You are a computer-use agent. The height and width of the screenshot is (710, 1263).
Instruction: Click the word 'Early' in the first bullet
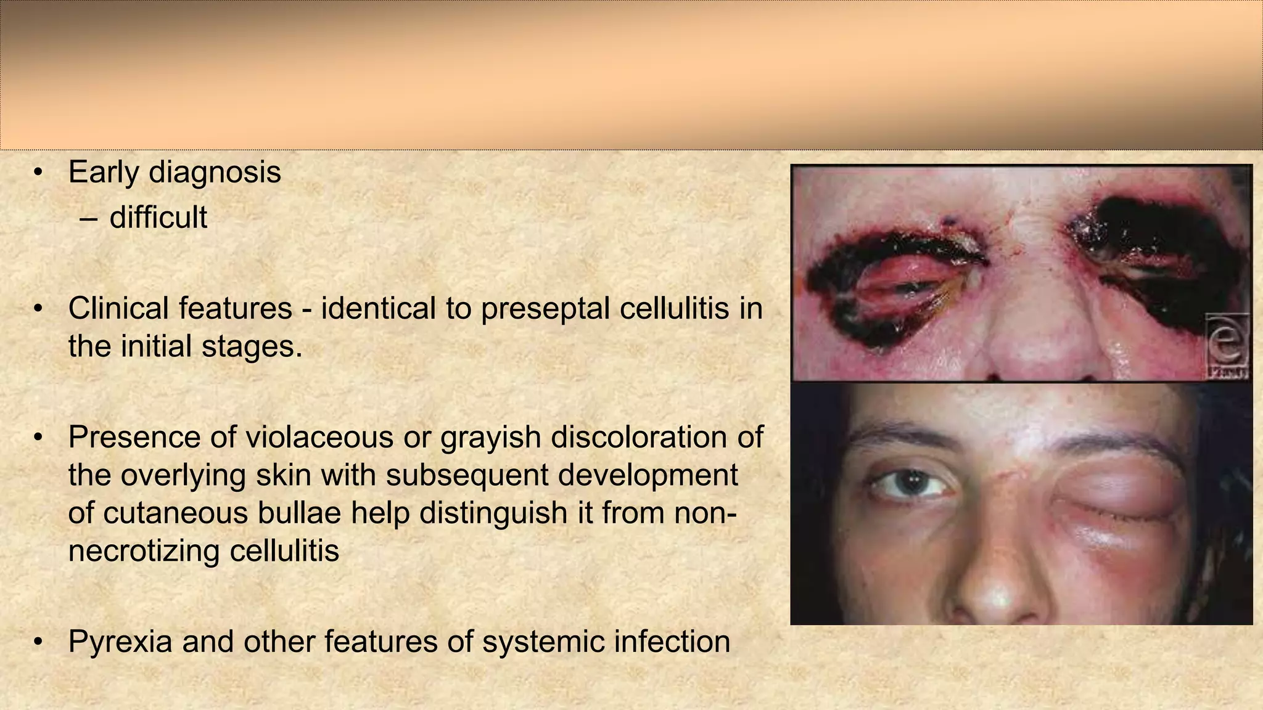103,173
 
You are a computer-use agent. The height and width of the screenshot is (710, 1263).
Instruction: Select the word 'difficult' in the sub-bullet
158,218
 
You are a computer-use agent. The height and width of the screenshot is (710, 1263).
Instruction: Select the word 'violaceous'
319,437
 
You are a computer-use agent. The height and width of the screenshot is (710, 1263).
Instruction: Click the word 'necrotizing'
142,551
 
